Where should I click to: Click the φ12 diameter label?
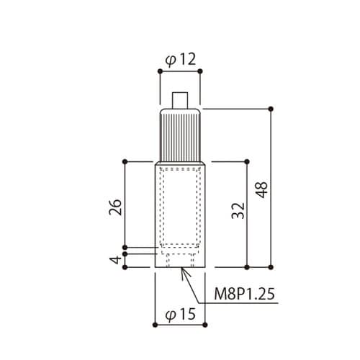point(181,60)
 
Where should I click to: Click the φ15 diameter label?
point(181,314)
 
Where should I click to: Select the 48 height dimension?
point(261,190)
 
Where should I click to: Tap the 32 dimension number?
point(238,211)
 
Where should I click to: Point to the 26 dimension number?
point(115,207)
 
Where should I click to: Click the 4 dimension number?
point(115,260)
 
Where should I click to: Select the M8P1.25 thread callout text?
point(244,294)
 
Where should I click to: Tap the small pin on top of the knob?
point(180,100)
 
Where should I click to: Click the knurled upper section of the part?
point(180,135)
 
